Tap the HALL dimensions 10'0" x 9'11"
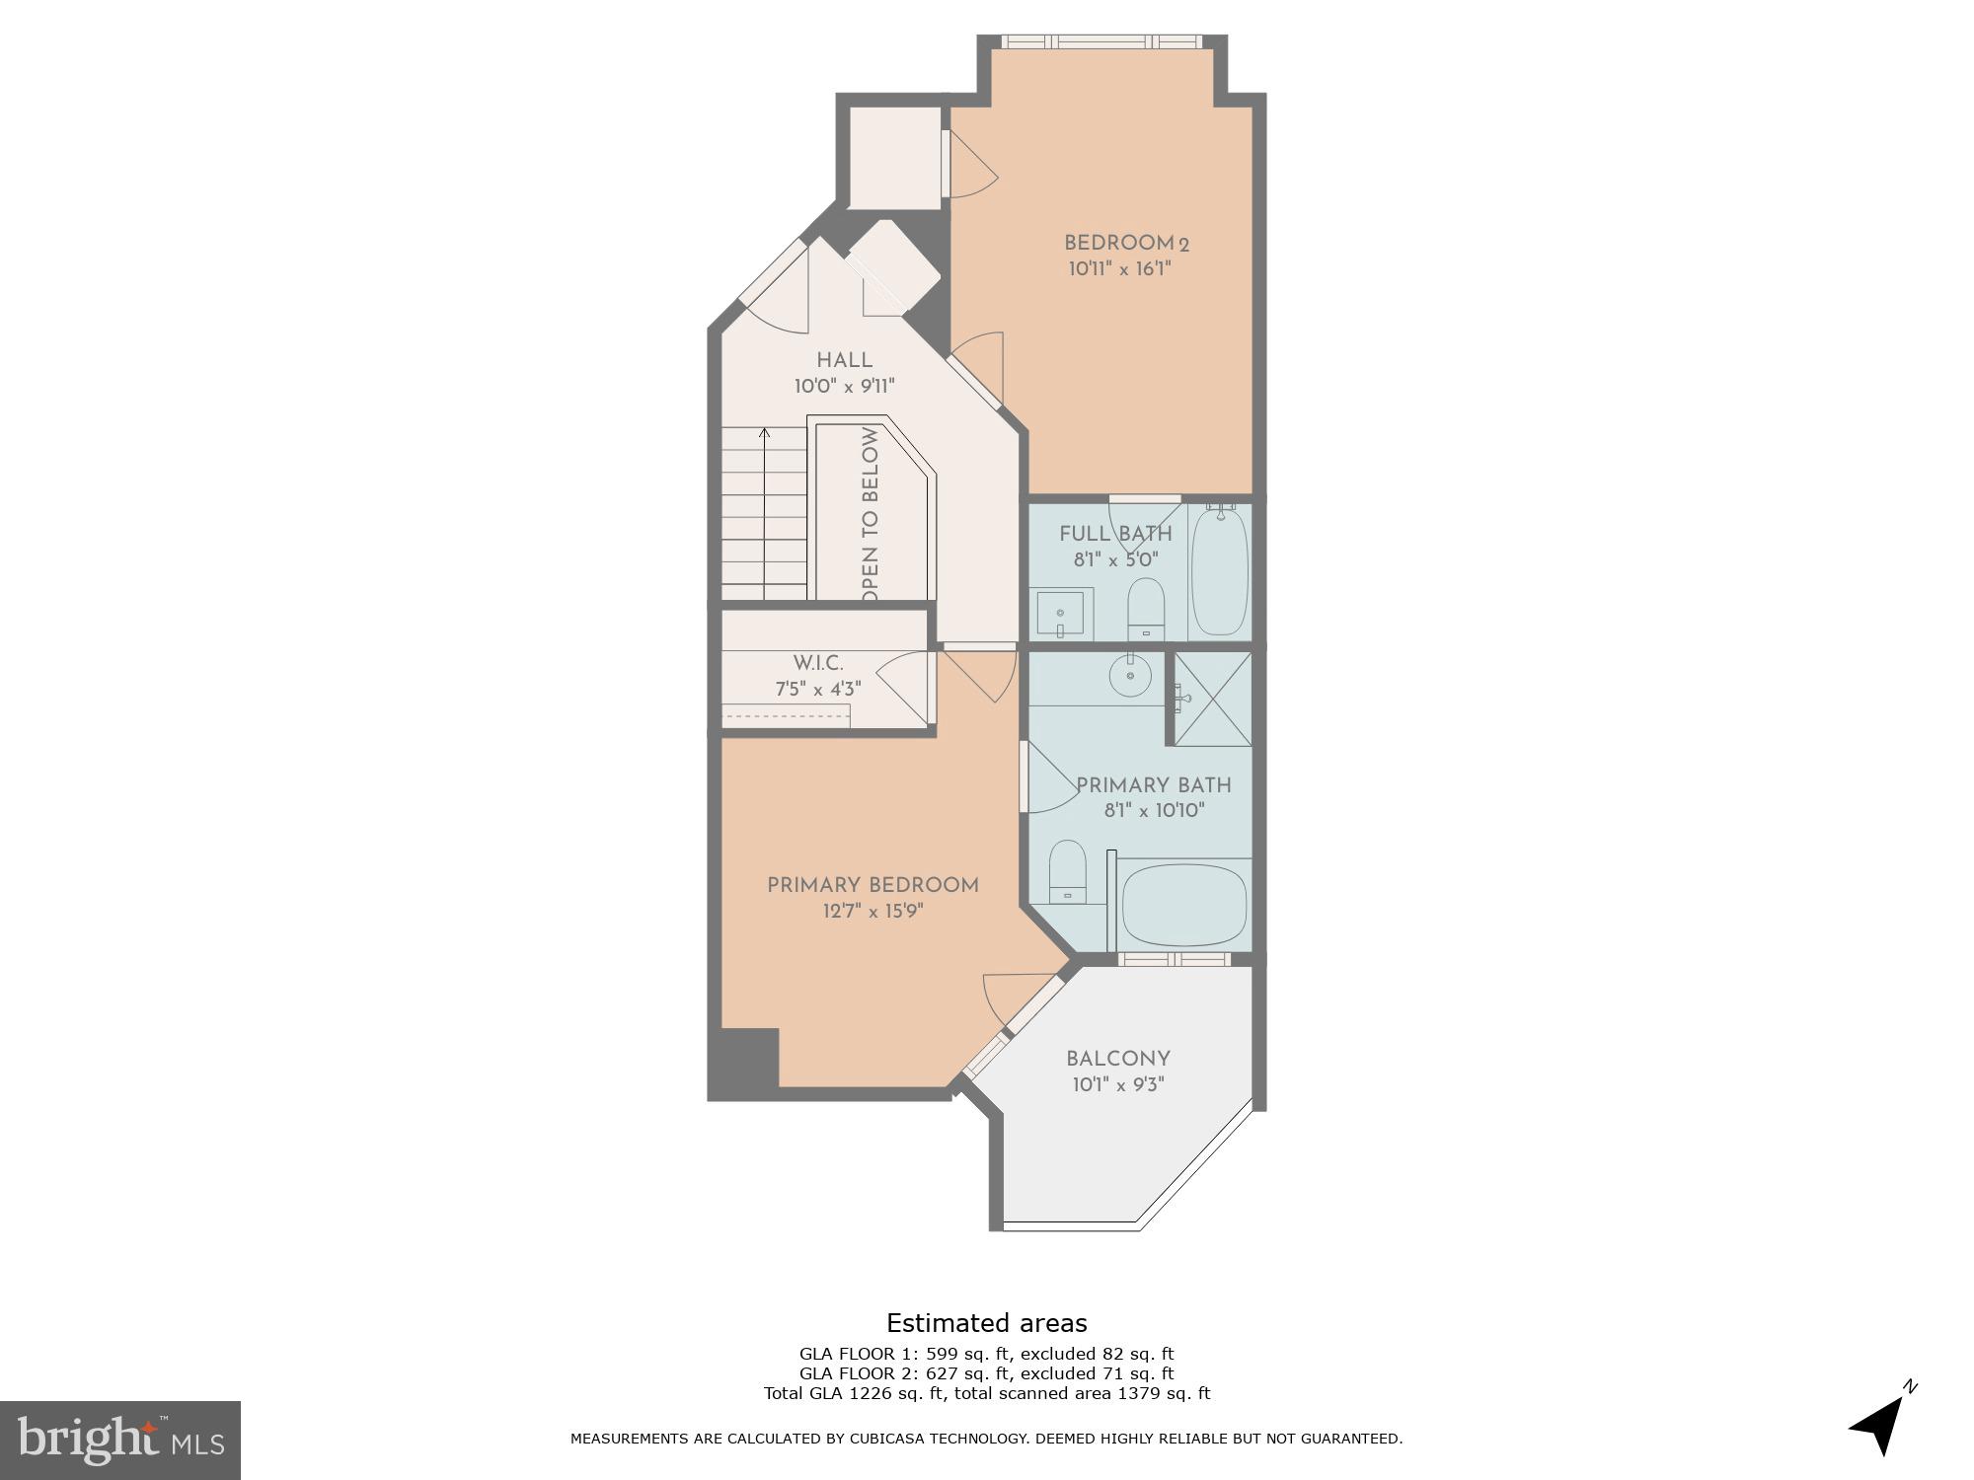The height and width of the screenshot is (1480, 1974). [844, 387]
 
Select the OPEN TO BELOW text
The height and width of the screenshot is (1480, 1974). [870, 513]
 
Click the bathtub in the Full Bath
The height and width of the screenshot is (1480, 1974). [1220, 572]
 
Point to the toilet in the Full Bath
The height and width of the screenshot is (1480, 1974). [1146, 607]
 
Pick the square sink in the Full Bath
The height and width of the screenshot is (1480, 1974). [1060, 614]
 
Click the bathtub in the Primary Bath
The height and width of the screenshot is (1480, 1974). [1184, 906]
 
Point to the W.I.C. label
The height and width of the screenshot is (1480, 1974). [818, 664]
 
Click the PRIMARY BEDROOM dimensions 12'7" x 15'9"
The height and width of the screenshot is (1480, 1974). [873, 912]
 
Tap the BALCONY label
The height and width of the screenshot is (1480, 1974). [1117, 1060]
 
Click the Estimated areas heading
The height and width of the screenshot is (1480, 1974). [986, 1323]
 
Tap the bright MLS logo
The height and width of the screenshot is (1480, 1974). [120, 1440]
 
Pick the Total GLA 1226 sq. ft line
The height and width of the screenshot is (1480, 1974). [986, 1393]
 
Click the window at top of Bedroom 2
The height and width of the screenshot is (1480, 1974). [1101, 42]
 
